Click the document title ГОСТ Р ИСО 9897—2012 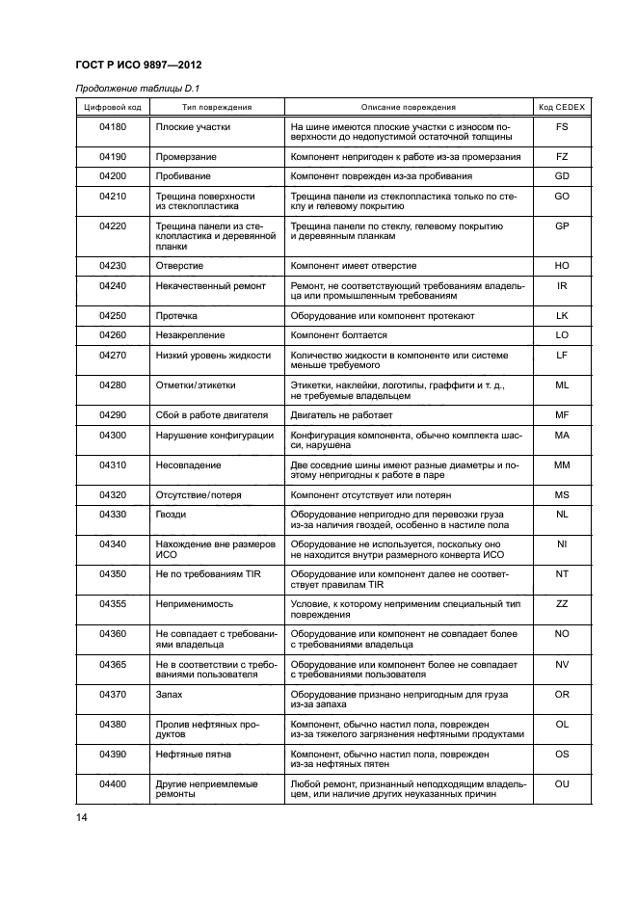(x=138, y=66)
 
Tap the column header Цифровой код (x=113, y=108)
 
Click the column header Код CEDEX (x=562, y=108)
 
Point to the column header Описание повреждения (x=409, y=108)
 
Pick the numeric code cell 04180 (x=113, y=127)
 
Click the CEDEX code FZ (x=562, y=156)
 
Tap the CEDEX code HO (x=562, y=265)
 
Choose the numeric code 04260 (x=113, y=335)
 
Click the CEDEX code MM (x=562, y=464)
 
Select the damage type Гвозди (x=172, y=515)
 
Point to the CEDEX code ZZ (x=562, y=603)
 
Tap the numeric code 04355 (x=113, y=603)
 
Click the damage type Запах (x=170, y=694)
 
